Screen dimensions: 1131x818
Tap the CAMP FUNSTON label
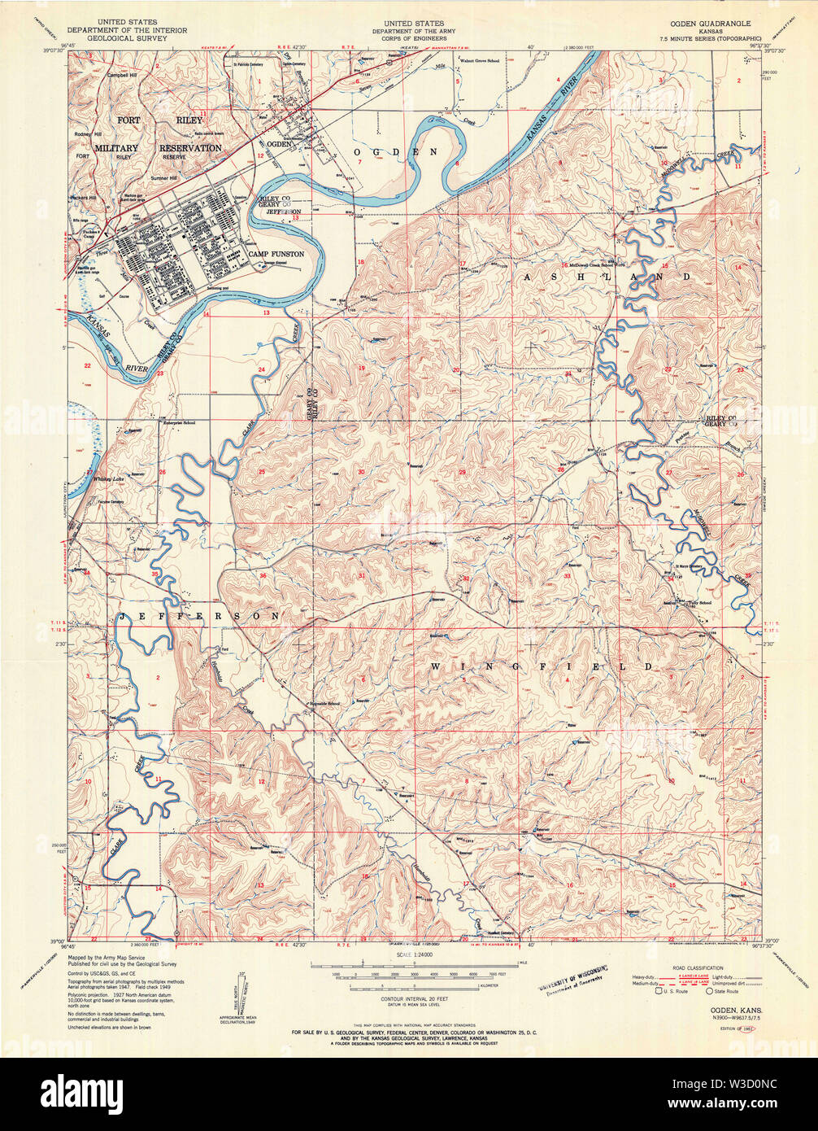coord(276,255)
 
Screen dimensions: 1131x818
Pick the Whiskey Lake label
coord(107,479)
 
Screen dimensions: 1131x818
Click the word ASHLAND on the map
coord(606,277)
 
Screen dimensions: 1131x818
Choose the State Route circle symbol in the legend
coord(708,991)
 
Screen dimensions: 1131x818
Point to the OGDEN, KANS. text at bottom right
coord(721,1007)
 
